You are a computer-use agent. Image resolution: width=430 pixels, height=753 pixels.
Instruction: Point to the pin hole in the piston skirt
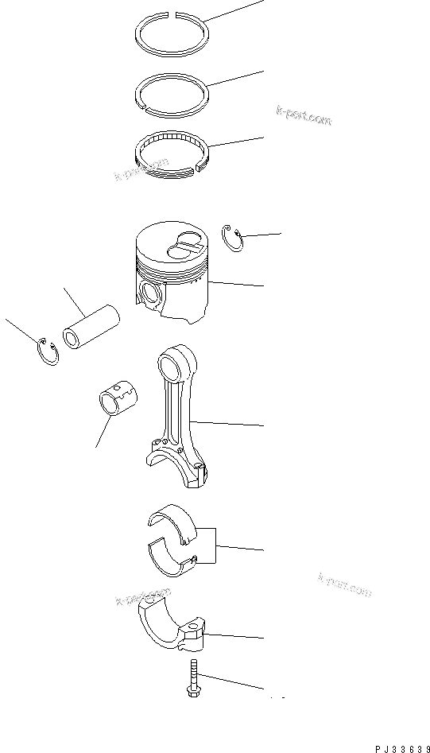click(x=150, y=293)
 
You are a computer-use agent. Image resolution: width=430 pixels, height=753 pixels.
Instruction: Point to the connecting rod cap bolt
click(x=192, y=681)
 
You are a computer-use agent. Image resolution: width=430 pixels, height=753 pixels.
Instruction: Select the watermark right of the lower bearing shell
click(x=344, y=584)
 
